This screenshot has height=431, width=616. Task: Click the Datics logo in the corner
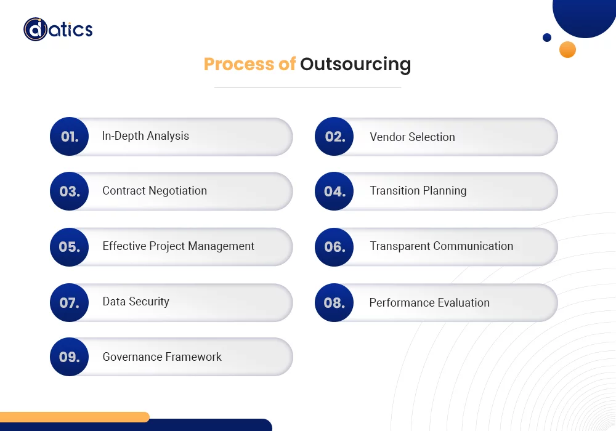coord(58,30)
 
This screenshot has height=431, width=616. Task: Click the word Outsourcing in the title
coord(355,64)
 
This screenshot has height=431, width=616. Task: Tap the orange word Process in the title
coord(239,64)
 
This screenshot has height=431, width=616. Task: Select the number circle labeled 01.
coord(70,137)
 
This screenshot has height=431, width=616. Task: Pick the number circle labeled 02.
coord(334,137)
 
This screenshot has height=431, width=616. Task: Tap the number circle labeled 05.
coord(70,247)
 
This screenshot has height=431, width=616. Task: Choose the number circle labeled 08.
coord(334,302)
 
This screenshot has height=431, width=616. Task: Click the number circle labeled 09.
coord(70,356)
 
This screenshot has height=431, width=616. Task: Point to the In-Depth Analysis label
coord(145,136)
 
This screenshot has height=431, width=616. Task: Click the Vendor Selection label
coord(412,137)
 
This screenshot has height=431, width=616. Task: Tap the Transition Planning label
coord(418,191)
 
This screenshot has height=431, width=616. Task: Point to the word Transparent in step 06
coord(400,246)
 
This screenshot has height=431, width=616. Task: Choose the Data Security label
coord(136,302)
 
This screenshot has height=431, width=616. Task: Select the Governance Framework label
coord(162,357)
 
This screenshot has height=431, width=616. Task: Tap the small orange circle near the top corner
coord(567,50)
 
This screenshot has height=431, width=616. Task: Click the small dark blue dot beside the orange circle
coord(547,38)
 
